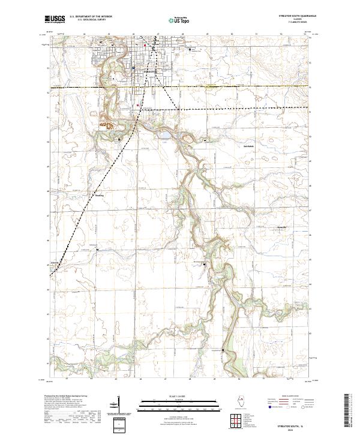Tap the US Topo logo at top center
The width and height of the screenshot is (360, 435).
[179, 19]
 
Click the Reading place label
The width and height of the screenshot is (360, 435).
[99, 195]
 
